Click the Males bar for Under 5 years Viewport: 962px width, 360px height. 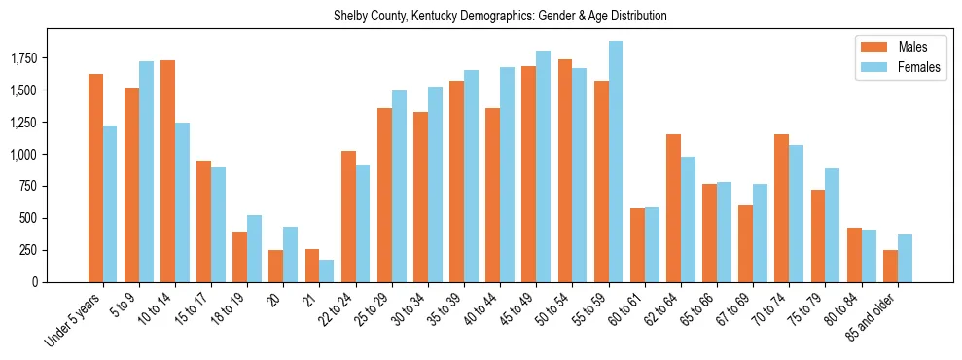[x=95, y=178]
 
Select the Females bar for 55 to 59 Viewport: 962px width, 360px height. [x=616, y=162]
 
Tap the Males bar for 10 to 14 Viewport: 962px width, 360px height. [x=168, y=171]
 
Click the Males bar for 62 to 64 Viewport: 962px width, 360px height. [x=673, y=208]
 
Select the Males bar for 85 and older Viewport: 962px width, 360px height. [x=890, y=266]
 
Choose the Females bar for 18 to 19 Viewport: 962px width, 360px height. [x=255, y=248]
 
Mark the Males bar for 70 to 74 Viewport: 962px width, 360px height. [x=781, y=208]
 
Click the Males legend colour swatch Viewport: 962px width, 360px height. [x=871, y=47]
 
